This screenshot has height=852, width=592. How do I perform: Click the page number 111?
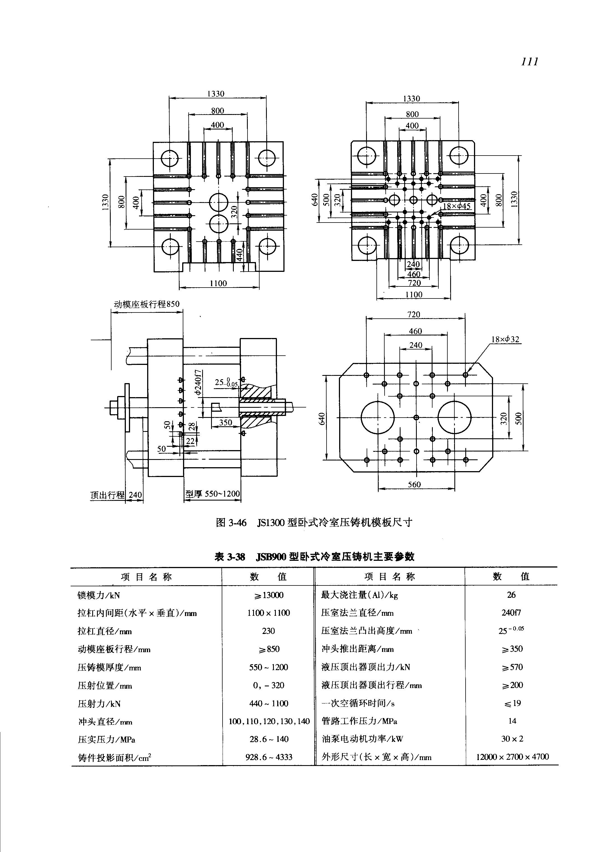529,62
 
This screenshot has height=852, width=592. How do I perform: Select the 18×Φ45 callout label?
457,206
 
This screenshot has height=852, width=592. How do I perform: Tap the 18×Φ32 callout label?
505,339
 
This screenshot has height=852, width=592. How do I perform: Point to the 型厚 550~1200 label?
212,494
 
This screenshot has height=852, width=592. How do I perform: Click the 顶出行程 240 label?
116,495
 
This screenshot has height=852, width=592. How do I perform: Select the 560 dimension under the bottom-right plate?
414,484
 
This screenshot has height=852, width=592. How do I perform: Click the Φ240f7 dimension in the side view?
198,382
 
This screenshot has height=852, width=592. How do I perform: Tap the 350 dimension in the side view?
226,422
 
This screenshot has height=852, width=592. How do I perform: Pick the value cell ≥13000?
269,595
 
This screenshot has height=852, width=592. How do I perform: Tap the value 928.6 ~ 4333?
269,757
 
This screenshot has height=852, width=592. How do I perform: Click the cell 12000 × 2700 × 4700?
512,757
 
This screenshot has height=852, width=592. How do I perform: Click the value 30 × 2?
512,739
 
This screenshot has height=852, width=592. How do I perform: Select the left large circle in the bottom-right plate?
377,417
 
